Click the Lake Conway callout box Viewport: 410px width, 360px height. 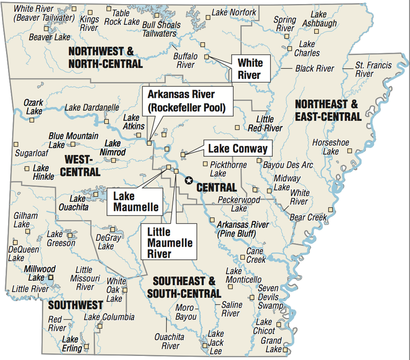coord(237,149)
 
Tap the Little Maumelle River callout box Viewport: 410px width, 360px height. coord(168,241)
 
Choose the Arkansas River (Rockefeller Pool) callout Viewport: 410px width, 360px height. coord(188,101)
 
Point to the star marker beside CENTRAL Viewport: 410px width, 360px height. coord(189,180)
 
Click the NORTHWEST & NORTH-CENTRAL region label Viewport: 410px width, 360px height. coord(105,57)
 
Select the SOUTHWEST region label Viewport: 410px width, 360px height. coord(75,305)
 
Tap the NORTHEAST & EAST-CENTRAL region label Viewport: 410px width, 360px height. coord(328,111)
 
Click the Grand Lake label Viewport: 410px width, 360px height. coord(271,345)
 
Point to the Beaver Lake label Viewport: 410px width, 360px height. coord(49,37)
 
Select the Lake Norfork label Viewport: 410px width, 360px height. coord(234,12)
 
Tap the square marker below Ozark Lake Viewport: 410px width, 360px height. coord(32,120)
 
